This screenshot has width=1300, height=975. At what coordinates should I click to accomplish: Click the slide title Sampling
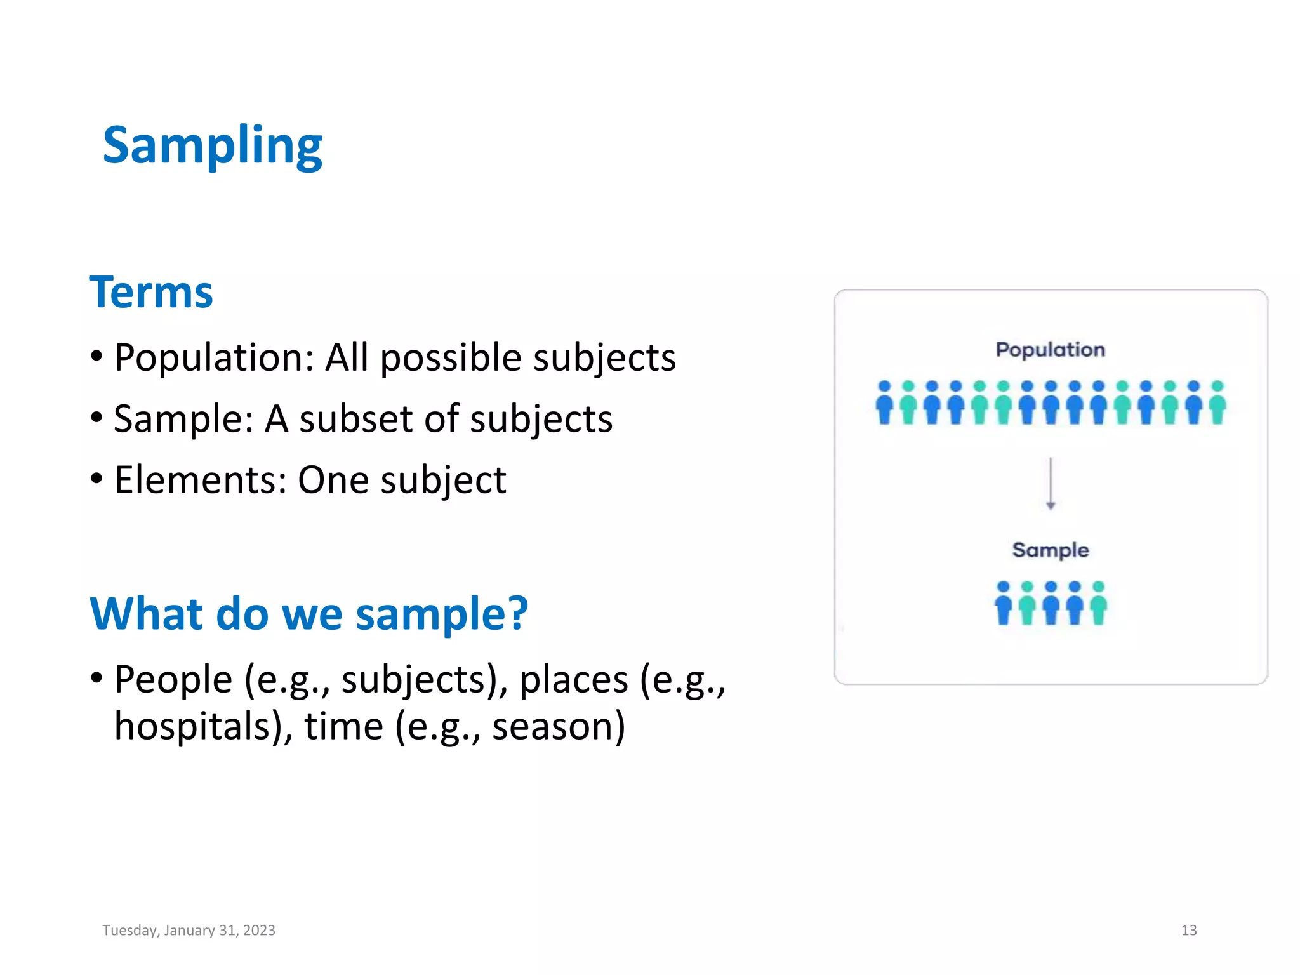(213, 146)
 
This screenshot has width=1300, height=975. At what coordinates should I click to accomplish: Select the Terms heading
(151, 293)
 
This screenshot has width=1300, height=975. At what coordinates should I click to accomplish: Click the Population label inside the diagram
(1050, 350)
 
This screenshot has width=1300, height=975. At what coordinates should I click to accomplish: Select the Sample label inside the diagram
(1050, 550)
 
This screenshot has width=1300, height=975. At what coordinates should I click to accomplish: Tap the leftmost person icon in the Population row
(884, 403)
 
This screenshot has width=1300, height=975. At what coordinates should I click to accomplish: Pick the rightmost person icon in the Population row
(1217, 403)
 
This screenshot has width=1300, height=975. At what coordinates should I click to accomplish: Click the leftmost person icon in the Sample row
(1003, 604)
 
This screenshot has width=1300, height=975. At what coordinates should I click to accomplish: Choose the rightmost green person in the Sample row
(1098, 604)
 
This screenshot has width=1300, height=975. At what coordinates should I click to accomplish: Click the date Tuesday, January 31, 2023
(189, 931)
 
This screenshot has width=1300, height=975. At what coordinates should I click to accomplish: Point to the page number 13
(1188, 931)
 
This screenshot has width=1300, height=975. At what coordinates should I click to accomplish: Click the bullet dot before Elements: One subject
(96, 479)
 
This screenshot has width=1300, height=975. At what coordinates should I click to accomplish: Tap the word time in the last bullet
(343, 726)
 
